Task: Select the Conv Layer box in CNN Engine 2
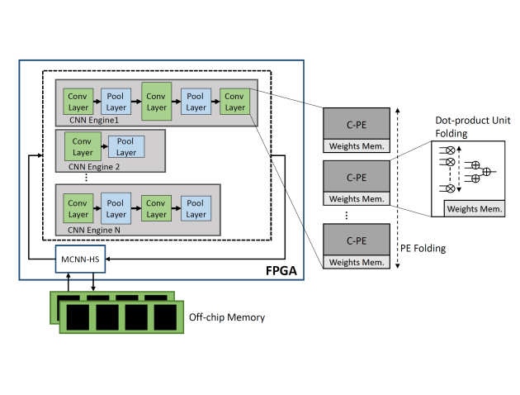point(81,147)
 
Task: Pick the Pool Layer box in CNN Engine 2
point(125,147)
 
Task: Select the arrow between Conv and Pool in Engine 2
point(103,147)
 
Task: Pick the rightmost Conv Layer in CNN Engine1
point(235,102)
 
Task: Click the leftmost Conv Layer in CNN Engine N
point(77,208)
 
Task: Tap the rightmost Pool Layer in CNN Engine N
point(196,208)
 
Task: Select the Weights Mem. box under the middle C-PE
point(355,199)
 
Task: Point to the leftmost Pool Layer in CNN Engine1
point(116,102)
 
